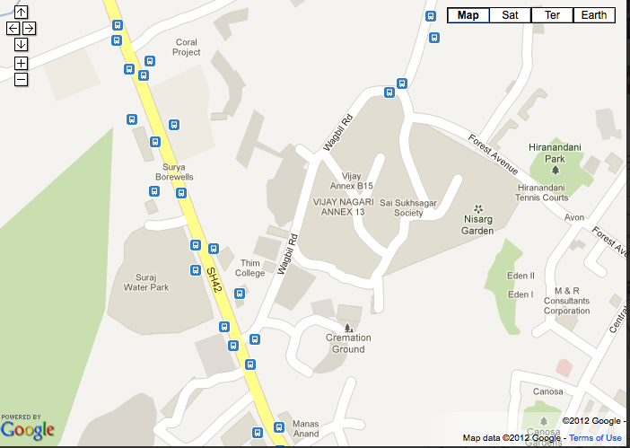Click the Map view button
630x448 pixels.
click(x=468, y=15)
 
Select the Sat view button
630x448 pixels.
click(x=510, y=15)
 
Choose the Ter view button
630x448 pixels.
click(x=552, y=15)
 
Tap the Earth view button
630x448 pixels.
click(x=593, y=15)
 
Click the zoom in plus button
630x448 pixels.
click(x=21, y=63)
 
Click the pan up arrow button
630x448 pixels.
click(x=21, y=13)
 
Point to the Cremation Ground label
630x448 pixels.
click(x=348, y=342)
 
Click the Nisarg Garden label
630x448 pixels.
click(x=478, y=224)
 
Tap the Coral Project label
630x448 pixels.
click(x=187, y=47)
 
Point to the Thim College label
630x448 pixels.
click(x=249, y=268)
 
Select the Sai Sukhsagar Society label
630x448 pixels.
click(x=414, y=208)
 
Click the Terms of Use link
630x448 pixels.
click(x=595, y=438)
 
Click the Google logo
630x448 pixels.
click(x=27, y=430)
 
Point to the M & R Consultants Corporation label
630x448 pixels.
click(x=566, y=301)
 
